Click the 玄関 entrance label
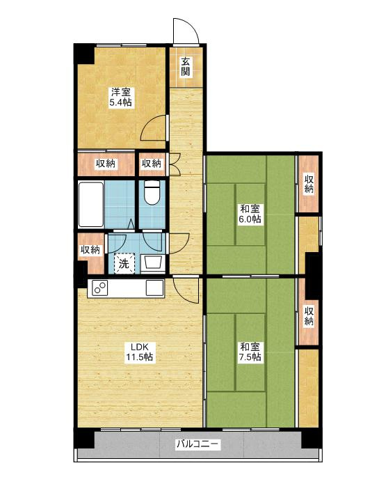tap(186, 66)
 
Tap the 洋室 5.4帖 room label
tap(121, 97)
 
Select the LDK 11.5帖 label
tap(140, 352)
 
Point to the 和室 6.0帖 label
tap(250, 214)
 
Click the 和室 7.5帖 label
tap(250, 352)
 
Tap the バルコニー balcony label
tap(198, 444)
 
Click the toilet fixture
tap(152, 193)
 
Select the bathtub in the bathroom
tap(91, 205)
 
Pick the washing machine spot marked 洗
tap(124, 263)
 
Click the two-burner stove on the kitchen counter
tap(100, 288)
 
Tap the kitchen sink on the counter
tap(154, 288)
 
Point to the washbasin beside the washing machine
tap(154, 263)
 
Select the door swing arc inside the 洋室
tap(153, 127)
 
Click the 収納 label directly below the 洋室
tap(106, 164)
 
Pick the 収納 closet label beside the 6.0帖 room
tap(308, 183)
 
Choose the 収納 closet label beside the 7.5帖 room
tap(308, 315)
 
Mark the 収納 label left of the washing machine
tap(90, 249)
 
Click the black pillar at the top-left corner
tap(83, 54)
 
